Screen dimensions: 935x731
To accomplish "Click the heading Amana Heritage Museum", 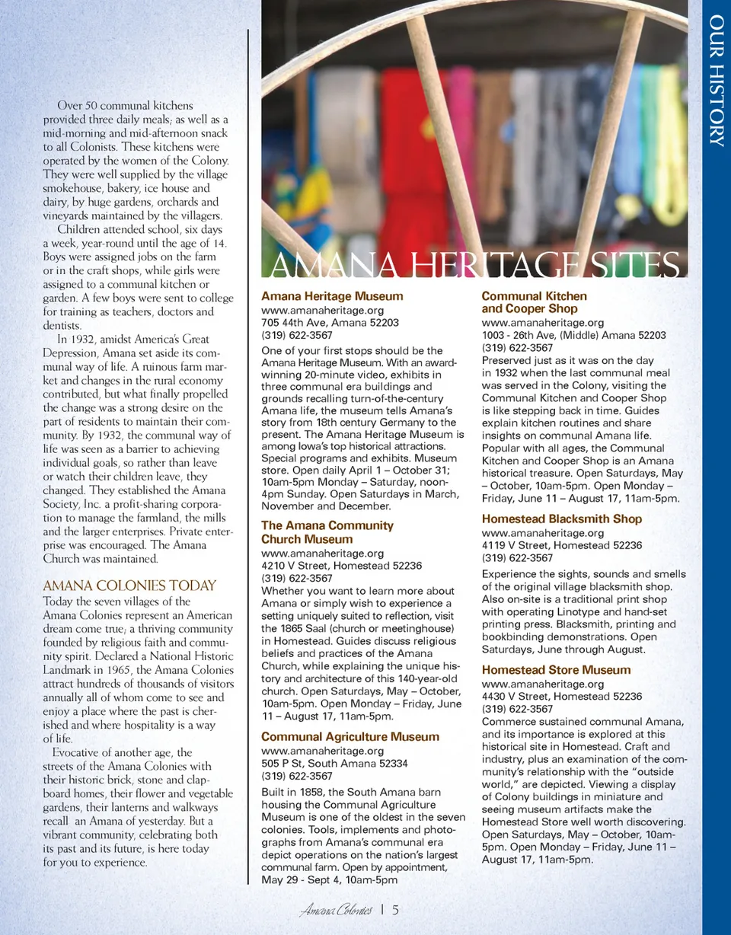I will pos(332,296).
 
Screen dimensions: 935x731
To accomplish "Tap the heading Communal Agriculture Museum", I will pos(350,736).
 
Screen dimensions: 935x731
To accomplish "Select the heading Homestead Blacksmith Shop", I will pos(562,519).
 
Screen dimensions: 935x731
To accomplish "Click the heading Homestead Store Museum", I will pos(556,670).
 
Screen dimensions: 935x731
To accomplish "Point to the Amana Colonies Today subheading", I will pos(129,586).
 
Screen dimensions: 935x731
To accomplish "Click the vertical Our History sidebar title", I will pos(716,80).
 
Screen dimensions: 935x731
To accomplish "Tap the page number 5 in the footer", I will pos(396,911).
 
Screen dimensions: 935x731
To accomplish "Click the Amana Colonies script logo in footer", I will pos(336,911).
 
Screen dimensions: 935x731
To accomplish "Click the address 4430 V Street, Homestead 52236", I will pos(562,696).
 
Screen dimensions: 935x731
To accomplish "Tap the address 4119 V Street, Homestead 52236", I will pos(562,545).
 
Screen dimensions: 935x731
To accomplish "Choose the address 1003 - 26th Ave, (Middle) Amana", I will pos(574,335).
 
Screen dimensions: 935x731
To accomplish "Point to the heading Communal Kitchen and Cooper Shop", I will pos(534,302).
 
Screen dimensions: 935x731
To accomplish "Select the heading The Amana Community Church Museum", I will pos(327,532).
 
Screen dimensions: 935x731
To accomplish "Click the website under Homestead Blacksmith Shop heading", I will pos(543,532).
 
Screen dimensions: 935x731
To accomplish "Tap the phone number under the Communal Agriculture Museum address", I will pos(297,777).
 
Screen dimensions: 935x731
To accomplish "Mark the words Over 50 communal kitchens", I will pos(126,106).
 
